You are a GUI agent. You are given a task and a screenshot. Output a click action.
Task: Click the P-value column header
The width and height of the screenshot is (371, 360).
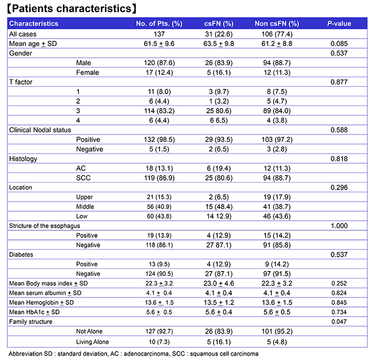point(339,24)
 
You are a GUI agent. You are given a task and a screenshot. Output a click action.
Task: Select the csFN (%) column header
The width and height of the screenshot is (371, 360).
point(218,24)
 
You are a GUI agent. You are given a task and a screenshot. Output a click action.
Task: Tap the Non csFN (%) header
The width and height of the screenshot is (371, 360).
point(277,24)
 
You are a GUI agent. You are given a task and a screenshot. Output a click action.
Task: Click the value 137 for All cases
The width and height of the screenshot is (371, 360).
point(159,34)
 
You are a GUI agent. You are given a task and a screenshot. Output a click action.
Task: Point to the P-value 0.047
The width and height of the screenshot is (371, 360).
point(339,321)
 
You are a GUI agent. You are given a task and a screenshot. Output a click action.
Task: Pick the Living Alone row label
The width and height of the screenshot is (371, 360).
point(93,342)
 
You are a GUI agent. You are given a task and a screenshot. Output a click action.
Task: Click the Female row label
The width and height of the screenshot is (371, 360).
point(87,73)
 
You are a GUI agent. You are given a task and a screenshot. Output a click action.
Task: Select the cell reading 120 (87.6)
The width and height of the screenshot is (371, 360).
point(159,63)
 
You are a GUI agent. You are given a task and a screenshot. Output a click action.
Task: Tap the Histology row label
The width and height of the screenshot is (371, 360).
point(23,159)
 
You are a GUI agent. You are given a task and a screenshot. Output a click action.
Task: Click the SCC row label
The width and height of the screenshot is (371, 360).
point(83,178)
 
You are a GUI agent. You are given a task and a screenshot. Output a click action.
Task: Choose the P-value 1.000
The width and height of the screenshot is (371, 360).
point(339,226)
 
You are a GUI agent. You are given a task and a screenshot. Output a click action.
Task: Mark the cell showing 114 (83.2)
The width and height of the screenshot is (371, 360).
point(159,111)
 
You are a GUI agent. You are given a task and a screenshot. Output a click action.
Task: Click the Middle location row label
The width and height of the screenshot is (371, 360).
point(85,206)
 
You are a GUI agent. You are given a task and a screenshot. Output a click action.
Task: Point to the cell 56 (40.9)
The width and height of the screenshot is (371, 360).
point(159,206)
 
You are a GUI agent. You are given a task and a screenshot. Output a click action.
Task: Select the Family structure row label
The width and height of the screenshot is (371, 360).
point(31,321)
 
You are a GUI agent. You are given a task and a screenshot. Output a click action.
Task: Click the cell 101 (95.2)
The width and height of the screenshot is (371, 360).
point(277,331)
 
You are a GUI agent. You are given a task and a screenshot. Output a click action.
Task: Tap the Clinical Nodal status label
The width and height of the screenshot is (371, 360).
point(40,130)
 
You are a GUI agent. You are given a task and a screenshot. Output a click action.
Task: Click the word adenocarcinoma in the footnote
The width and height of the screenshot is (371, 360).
point(146,354)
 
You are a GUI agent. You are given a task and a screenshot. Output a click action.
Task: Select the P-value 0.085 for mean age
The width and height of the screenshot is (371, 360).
point(339,44)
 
